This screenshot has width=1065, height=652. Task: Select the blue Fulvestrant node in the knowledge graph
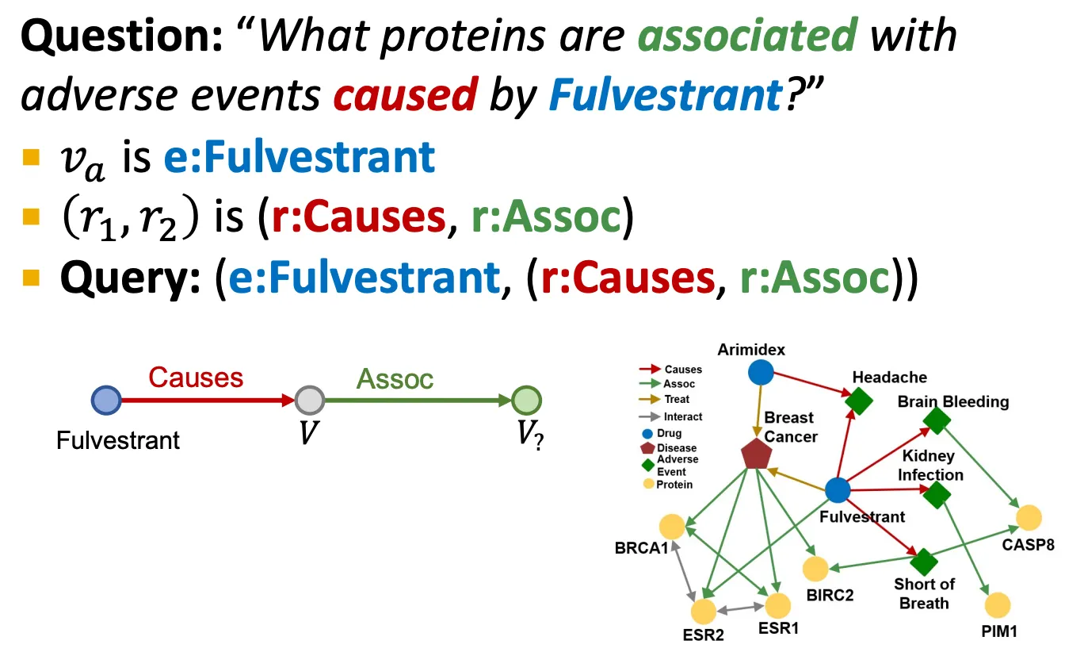838,490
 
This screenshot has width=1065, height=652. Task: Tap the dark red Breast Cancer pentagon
755,454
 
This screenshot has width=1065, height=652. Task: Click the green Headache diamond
857,401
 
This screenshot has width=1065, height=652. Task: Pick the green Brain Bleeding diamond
937,420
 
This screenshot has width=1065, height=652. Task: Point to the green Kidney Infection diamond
936,495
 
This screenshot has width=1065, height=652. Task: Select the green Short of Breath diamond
923,562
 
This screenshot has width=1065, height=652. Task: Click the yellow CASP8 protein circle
1029,517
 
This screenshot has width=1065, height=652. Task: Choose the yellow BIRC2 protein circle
815,568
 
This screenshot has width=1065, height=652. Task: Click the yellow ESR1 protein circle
777,605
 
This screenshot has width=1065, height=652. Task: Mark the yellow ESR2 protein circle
703,611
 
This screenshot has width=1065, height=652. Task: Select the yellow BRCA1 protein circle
672,526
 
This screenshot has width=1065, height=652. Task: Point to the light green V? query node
525,401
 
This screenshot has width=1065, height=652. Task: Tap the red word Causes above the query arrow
196,377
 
